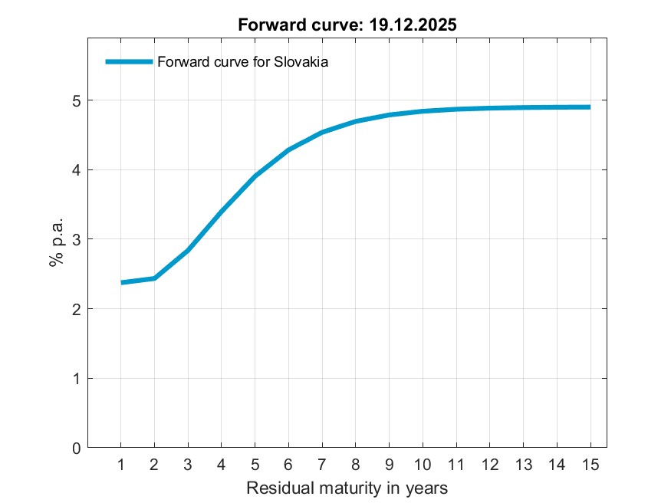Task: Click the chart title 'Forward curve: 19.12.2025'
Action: pos(347,25)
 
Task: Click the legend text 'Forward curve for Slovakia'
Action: pos(242,63)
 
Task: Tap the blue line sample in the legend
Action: pos(129,62)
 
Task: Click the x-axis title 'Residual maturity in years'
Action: pos(347,488)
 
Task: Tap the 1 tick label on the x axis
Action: pos(121,465)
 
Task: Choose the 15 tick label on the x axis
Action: pos(590,465)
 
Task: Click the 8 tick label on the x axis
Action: pos(356,465)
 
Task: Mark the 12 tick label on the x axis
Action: pos(489,465)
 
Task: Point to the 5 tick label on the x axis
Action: pos(255,465)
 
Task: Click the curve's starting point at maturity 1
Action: pos(121,282)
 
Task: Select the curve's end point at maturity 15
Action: pos(590,107)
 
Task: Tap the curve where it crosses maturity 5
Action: pos(255,176)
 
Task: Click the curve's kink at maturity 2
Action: pos(155,278)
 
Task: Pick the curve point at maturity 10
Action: pos(423,111)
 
